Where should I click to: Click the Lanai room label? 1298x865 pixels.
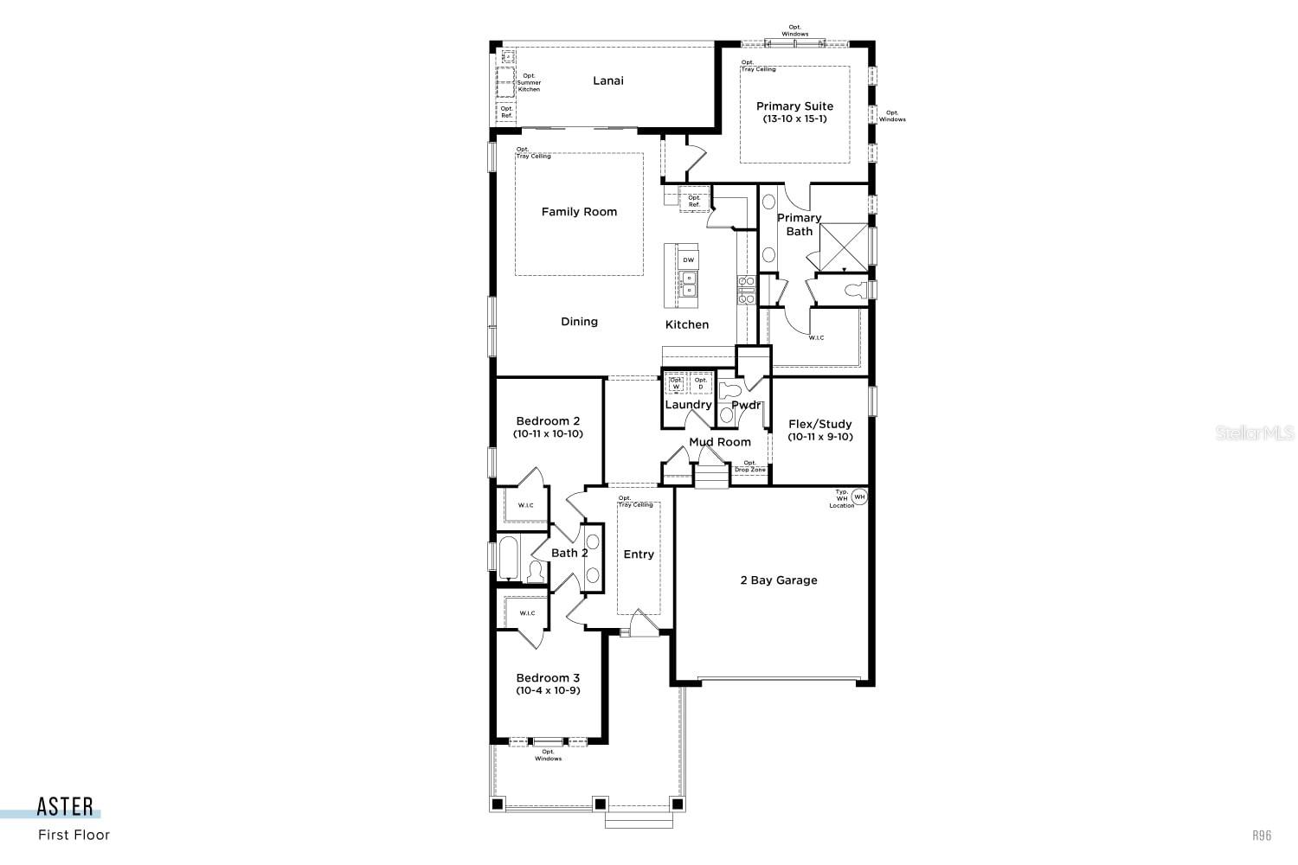point(607,80)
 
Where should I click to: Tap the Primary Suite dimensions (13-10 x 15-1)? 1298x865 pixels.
point(794,119)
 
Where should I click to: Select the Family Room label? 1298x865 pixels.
point(579,212)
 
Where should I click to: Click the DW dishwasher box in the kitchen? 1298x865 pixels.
point(688,259)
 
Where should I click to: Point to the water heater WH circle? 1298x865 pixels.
point(859,497)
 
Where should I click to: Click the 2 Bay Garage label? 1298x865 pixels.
point(778,580)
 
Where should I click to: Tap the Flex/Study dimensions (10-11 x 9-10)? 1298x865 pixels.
point(819,437)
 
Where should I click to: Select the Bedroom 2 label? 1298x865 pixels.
point(548,421)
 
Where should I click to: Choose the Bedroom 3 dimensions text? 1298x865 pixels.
point(548,690)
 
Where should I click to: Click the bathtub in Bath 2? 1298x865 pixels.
point(508,557)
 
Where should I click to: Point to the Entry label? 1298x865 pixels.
point(639,554)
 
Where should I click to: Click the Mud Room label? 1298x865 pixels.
point(720,442)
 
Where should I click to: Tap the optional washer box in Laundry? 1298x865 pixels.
point(676,383)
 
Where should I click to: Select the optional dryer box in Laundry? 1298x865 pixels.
point(701,383)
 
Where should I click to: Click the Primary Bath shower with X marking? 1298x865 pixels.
point(843,247)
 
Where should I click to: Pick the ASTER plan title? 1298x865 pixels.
point(65,807)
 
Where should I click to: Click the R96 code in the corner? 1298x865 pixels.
point(1262,836)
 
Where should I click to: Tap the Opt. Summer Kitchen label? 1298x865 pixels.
point(529,83)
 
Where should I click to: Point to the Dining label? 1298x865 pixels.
point(579,322)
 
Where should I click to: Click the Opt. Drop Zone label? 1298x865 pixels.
point(749,466)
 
